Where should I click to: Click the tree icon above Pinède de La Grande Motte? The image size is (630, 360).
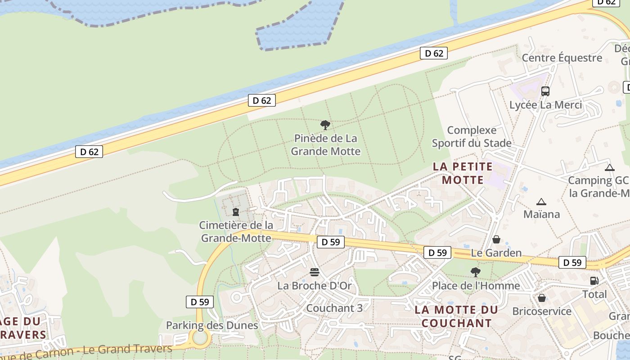325,125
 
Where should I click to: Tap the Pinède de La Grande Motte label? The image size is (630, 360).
325,144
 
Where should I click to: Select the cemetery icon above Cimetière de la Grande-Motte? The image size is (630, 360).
236,211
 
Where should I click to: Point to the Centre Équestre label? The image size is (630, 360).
562,58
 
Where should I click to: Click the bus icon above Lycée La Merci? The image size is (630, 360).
545,91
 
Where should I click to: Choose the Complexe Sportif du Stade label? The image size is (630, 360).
472,137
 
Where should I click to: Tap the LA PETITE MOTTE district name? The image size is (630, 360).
463,173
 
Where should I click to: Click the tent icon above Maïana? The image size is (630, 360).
541,202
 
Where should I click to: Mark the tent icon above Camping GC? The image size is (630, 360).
610,168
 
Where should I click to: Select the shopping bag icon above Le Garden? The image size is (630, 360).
496,239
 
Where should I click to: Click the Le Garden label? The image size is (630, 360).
496,253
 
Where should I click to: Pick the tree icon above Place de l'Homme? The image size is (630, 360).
475,272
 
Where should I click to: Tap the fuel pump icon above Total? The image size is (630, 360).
594,281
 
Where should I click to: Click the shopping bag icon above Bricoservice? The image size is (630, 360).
542,298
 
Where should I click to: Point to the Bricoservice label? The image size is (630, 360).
542,311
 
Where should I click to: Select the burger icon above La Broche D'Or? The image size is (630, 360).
314,272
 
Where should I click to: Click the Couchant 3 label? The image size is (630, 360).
334,308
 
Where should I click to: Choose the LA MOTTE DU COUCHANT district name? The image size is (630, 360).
456,316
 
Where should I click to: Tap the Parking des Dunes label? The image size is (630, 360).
212,325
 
